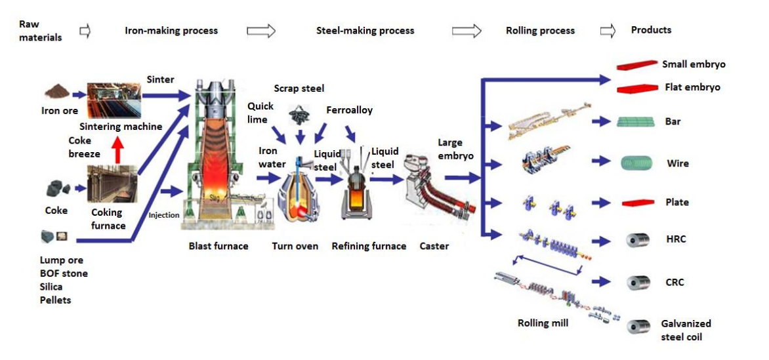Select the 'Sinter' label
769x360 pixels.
[x=160, y=79]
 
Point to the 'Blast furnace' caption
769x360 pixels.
[x=218, y=246]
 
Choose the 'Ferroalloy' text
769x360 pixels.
[x=349, y=110]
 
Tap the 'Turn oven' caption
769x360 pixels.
[x=295, y=246]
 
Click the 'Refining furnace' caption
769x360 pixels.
[x=369, y=246]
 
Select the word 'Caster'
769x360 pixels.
[x=434, y=246]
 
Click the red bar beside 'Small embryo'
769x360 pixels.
[x=636, y=65]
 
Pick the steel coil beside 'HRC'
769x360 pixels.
[x=637, y=240]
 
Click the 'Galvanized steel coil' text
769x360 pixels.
[x=686, y=330]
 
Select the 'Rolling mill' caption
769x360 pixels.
[x=542, y=323]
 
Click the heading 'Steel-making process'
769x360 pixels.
[x=365, y=30]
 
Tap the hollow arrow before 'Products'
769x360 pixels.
[x=608, y=30]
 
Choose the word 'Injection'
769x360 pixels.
[x=164, y=215]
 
